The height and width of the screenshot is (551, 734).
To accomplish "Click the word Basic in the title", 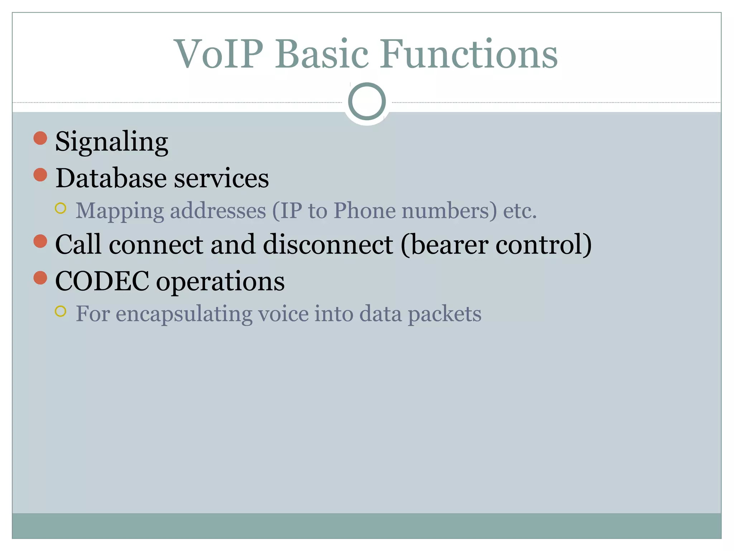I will coord(321,55).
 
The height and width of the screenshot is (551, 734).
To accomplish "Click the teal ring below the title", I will coord(367,101).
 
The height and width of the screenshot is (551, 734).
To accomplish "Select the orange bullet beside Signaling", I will coord(40,138).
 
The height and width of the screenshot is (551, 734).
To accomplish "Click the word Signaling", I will coord(111,142).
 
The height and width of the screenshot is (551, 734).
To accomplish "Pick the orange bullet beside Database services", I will coord(40,175).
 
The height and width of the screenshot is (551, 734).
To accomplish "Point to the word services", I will coord(221,178).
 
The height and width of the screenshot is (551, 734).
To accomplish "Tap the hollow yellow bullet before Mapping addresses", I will coord(61,208).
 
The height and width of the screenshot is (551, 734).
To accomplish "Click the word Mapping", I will coord(120,211).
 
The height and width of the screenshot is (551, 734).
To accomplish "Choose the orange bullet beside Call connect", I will coord(40,241).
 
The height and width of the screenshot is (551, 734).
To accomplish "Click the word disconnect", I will coord(328,245).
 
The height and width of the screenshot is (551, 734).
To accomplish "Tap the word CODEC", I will coord(102,281).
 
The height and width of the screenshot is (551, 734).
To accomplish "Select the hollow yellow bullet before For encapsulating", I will coord(61,311).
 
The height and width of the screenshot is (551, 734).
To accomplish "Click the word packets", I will coord(444,314).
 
